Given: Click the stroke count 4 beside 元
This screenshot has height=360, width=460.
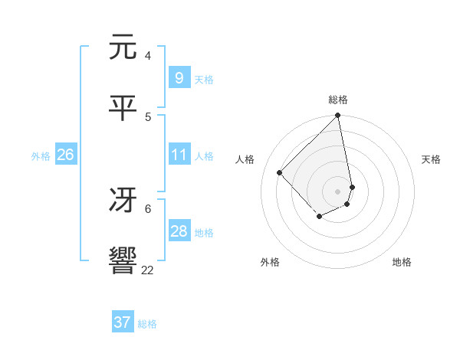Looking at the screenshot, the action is [x=148, y=56].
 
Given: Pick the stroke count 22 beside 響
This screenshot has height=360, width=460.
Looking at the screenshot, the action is [x=148, y=270].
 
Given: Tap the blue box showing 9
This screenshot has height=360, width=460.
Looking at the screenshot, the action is [x=179, y=77].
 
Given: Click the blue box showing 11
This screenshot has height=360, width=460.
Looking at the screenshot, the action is [x=179, y=155].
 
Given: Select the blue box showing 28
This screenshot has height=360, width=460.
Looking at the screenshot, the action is [x=179, y=231].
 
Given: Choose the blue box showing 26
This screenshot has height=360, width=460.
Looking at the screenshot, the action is [x=65, y=155].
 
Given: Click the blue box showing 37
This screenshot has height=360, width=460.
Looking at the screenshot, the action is [x=122, y=322].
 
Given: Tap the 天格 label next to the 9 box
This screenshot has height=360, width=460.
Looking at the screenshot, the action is [x=204, y=79].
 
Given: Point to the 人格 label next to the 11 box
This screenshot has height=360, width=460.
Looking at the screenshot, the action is [x=204, y=156].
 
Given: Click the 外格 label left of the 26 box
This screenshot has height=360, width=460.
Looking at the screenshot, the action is [x=41, y=156].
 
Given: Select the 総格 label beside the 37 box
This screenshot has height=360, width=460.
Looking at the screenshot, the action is [x=147, y=324].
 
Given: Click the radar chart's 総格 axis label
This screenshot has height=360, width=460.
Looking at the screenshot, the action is [x=338, y=100].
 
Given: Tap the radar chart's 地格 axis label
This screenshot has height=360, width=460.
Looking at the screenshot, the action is [x=402, y=262].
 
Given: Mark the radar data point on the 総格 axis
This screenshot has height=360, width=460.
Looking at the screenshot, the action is [x=338, y=116].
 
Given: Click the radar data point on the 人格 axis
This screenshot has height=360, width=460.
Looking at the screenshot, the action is [x=280, y=172].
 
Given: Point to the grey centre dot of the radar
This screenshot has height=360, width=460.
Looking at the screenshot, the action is [x=338, y=191].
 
